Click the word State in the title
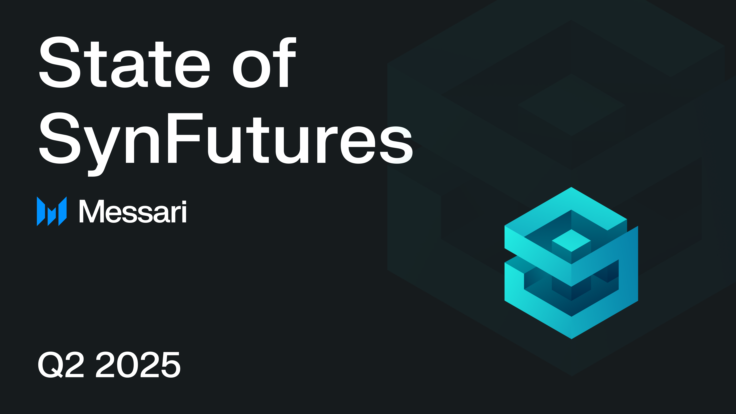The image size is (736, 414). pyautogui.click(x=124, y=63)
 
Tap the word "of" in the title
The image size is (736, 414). pyautogui.click(x=264, y=63)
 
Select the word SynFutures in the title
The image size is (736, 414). pyautogui.click(x=226, y=139)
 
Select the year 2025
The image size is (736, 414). pyautogui.click(x=138, y=365)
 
